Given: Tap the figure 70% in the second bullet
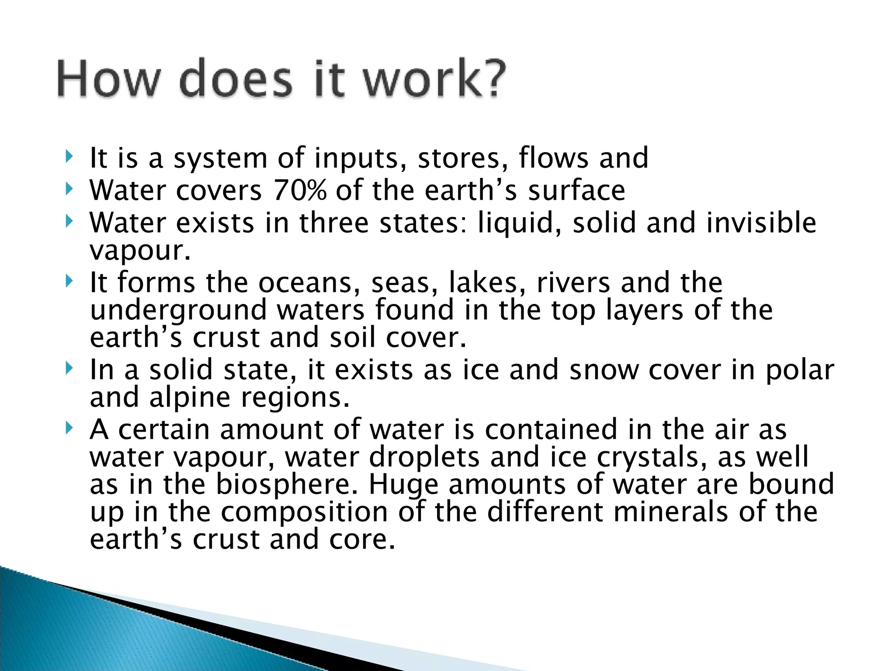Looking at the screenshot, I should coord(300,191).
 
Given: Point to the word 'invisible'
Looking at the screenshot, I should coord(761,223).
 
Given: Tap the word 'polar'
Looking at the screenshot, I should coord(800,370).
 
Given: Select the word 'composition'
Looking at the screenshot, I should coord(304,513).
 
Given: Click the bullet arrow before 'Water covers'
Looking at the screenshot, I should coord(68,189).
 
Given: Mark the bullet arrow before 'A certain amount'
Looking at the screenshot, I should coord(68,428).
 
